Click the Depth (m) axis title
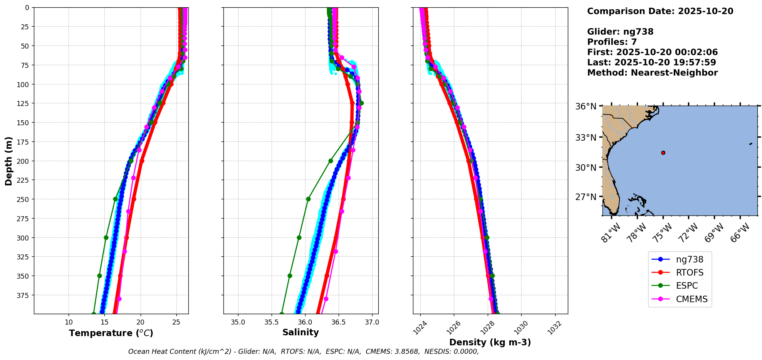point(8,161)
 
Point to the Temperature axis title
point(111,333)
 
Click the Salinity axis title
point(300,332)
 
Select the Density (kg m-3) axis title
point(490,342)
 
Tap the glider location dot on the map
point(663,153)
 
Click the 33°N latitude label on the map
point(586,138)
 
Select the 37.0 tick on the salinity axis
point(372,322)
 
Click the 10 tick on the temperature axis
point(69,322)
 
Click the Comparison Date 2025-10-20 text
point(660,11)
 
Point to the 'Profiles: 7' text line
point(612,42)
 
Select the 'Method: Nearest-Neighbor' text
point(652,73)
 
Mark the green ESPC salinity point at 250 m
point(308,199)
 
